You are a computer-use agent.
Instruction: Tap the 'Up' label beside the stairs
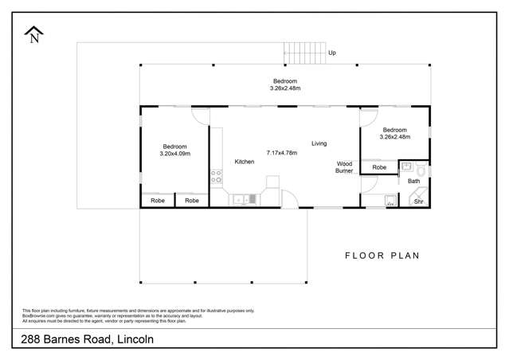click(x=332, y=53)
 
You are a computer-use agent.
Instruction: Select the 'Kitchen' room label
click(x=244, y=162)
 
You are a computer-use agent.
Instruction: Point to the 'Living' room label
click(x=319, y=143)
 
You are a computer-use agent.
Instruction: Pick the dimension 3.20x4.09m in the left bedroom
click(x=174, y=154)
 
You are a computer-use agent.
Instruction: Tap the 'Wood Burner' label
click(x=344, y=166)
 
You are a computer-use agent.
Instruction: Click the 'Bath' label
click(x=413, y=182)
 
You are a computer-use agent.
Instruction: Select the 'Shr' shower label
click(x=417, y=202)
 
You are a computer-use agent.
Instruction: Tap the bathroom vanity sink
click(x=405, y=167)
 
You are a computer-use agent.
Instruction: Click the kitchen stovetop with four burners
click(x=215, y=177)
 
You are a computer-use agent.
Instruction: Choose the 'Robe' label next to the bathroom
click(x=379, y=168)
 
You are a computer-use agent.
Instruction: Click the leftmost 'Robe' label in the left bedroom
click(x=157, y=201)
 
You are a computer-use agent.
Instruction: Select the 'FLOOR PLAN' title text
click(x=382, y=256)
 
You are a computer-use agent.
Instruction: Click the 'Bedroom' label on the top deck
click(x=285, y=81)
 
